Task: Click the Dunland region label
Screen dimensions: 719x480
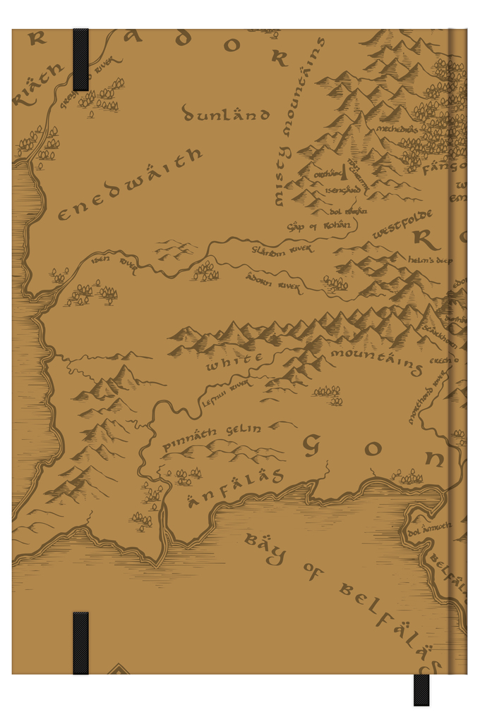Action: [x=226, y=113]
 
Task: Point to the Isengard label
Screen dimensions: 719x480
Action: [x=344, y=190]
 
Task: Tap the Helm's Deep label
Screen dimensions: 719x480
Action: [x=429, y=260]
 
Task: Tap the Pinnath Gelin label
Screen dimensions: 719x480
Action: [x=212, y=438]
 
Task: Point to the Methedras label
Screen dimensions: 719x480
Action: [x=397, y=129]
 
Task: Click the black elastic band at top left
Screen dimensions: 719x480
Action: [x=80, y=59]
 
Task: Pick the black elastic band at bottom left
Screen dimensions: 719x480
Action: [x=80, y=643]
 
